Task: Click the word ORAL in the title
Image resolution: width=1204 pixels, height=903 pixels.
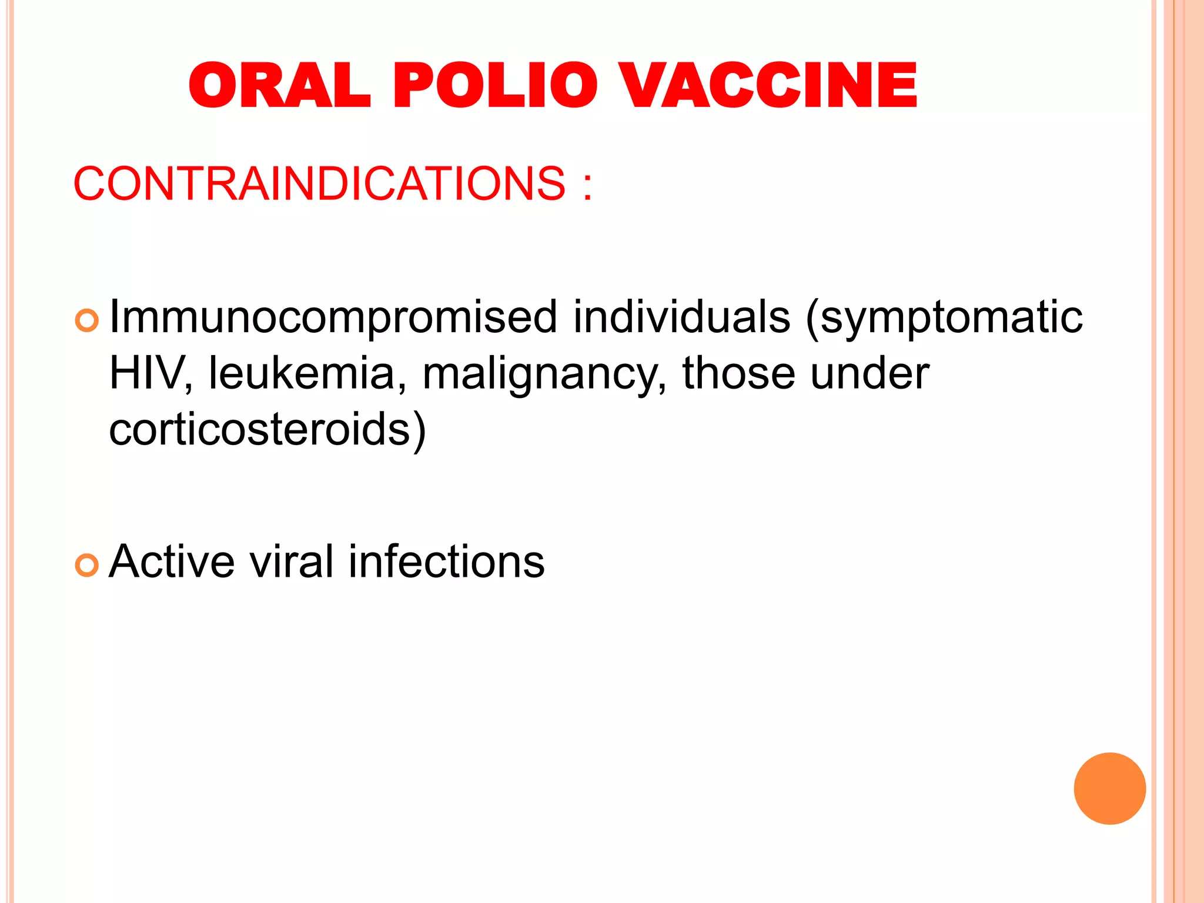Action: pyautogui.click(x=280, y=86)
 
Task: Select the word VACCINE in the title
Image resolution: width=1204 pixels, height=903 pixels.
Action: pyautogui.click(x=770, y=86)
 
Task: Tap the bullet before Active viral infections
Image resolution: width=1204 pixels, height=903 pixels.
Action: pyautogui.click(x=87, y=565)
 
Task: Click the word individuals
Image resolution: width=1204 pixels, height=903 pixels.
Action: pyautogui.click(x=681, y=317)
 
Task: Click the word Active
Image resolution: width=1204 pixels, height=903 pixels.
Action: pyautogui.click(x=172, y=561)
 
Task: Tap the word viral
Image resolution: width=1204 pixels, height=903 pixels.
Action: pyautogui.click(x=292, y=561)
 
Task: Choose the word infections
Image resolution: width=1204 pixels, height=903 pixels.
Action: pyautogui.click(x=447, y=561)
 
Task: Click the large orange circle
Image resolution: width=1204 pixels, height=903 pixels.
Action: pyautogui.click(x=1109, y=788)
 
